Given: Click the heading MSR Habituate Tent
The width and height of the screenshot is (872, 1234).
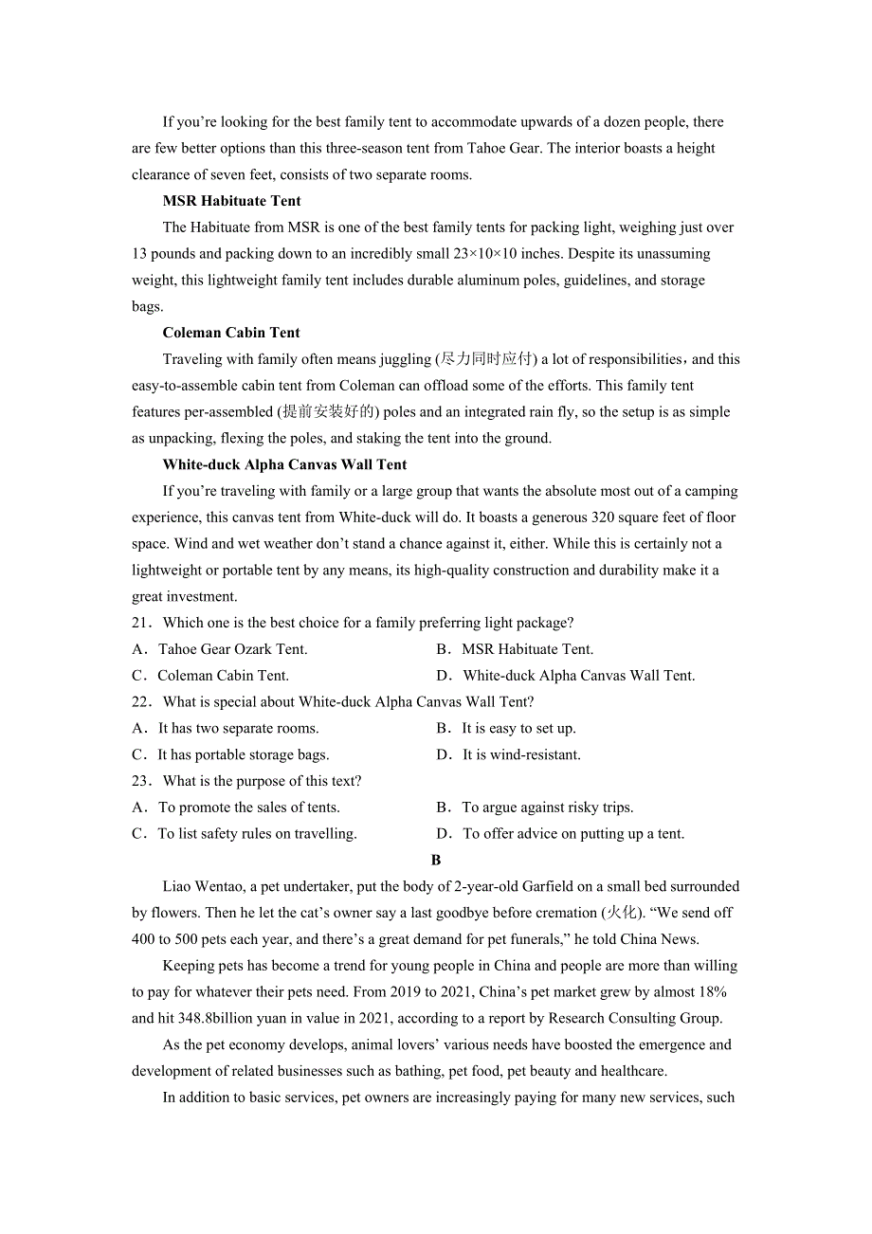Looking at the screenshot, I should pyautogui.click(x=231, y=201).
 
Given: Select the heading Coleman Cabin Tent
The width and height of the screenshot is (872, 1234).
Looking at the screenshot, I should pyautogui.click(x=231, y=333).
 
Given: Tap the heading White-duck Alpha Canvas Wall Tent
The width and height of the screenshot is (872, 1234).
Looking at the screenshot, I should pyautogui.click(x=284, y=464).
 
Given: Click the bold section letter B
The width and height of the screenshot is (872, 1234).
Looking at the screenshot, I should pyautogui.click(x=436, y=861).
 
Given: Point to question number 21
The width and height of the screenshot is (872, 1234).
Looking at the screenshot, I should pyautogui.click(x=141, y=623).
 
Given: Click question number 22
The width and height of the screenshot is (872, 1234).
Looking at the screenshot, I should pyautogui.click(x=141, y=702).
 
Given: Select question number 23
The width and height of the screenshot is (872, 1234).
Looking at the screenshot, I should pyautogui.click(x=141, y=781).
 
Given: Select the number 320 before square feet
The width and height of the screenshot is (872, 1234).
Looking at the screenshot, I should pyautogui.click(x=603, y=517).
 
